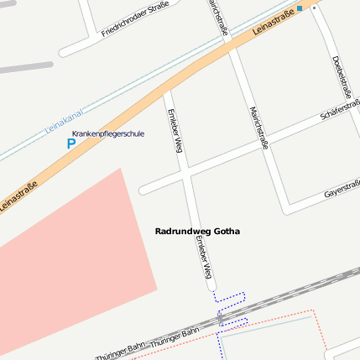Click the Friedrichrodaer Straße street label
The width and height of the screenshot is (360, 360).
tap(135, 19)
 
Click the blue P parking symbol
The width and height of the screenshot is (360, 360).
tap(70, 143)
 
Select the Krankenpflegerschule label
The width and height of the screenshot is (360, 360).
tap(108, 133)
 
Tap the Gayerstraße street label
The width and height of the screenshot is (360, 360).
tap(342, 189)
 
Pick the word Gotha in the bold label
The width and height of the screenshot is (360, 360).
tap(227, 231)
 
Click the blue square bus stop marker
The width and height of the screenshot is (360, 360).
tap(300, 8)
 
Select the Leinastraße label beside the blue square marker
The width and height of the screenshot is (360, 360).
tap(273, 24)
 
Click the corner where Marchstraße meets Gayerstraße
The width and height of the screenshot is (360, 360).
tap(288, 204)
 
